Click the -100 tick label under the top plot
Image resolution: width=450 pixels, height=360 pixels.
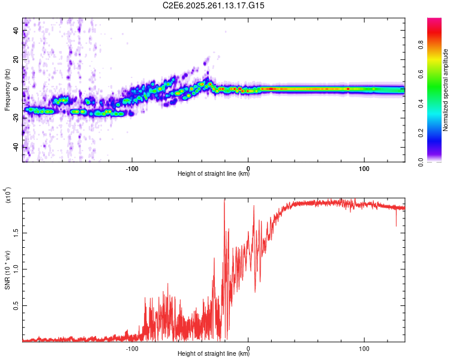[x=133, y=167]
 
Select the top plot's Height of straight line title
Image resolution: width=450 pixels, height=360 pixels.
[x=214, y=174]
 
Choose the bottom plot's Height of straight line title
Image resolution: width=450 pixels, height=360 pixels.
[x=214, y=354]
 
